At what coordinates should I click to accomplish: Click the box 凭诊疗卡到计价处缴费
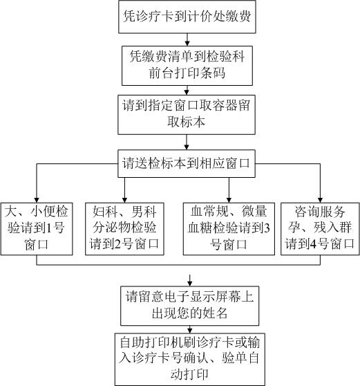coord(187,17)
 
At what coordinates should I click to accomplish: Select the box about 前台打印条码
coord(187,66)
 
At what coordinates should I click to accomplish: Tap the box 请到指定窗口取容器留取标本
coord(187,114)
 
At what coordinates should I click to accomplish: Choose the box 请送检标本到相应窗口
coord(187,163)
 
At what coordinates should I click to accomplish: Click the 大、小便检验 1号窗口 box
coord(37,229)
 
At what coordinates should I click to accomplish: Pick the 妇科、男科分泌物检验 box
coord(124,229)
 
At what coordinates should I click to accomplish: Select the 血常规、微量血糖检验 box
coord(229,229)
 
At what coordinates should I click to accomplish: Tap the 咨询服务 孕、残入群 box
coord(320,229)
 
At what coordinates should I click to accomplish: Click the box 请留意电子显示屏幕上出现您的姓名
coord(189,306)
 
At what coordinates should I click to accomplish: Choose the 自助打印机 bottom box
coord(189,360)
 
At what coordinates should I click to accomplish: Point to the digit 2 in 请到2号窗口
coord(117,244)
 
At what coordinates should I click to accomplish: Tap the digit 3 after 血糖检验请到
coord(267,228)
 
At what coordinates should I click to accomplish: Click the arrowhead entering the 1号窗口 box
coord(37,200)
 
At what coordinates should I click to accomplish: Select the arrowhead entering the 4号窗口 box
coord(320,200)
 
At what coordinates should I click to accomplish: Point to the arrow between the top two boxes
coord(187,39)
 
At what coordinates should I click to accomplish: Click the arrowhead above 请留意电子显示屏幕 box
coord(189,284)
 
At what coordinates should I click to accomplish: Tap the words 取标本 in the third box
coord(186,122)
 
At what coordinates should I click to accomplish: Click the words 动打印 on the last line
coord(189,374)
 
